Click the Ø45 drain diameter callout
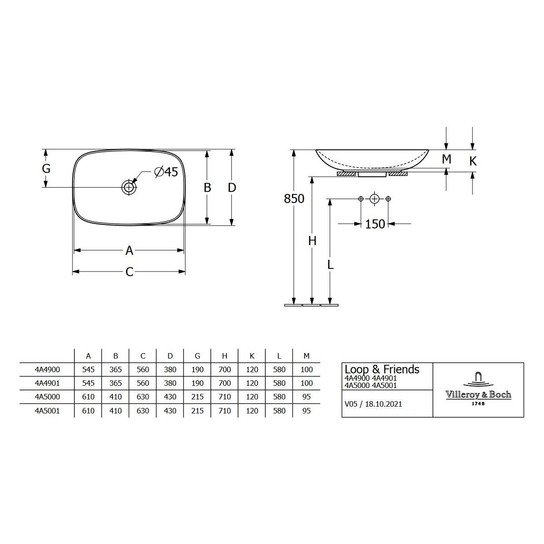pos(166,172)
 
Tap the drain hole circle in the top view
pos(129,187)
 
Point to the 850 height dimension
pos(294,199)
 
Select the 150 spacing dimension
pos(375,224)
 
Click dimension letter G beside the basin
pos(46,169)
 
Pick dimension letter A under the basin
pos(129,250)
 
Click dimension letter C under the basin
pos(129,272)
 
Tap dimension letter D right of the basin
pos(232,187)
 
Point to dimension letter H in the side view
pos(312,241)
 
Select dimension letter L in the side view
pos(330,264)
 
